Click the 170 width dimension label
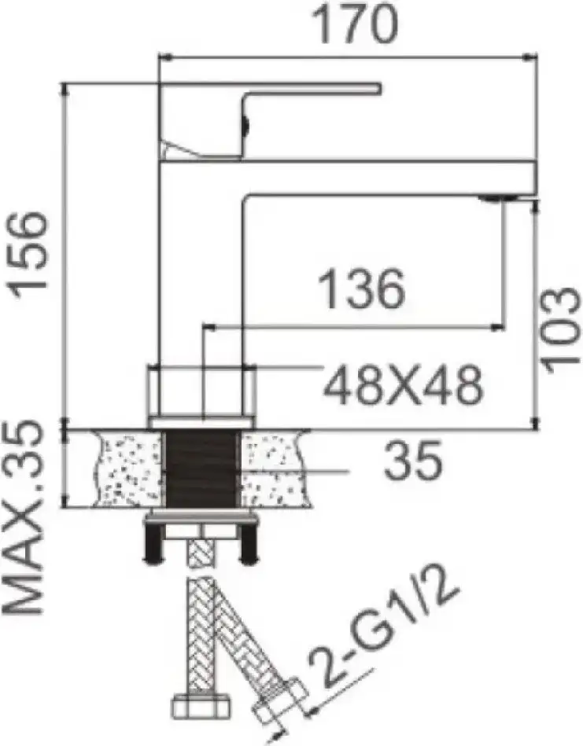pos(355,24)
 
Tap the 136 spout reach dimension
pos(361,289)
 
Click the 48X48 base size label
pos(404,384)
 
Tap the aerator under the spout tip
pos(498,198)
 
